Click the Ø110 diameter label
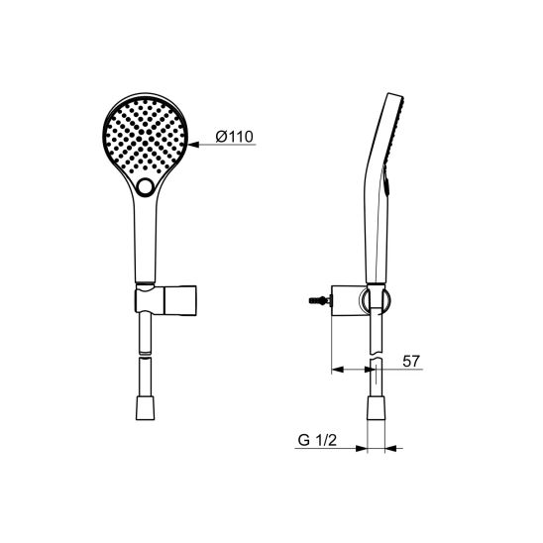(235, 137)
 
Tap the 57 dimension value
(411, 362)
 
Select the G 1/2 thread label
(317, 440)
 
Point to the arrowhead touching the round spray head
(194, 144)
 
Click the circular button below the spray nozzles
(146, 187)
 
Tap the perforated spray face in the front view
(146, 136)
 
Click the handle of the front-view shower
(146, 243)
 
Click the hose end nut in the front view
(146, 408)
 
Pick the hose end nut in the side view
(376, 408)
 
